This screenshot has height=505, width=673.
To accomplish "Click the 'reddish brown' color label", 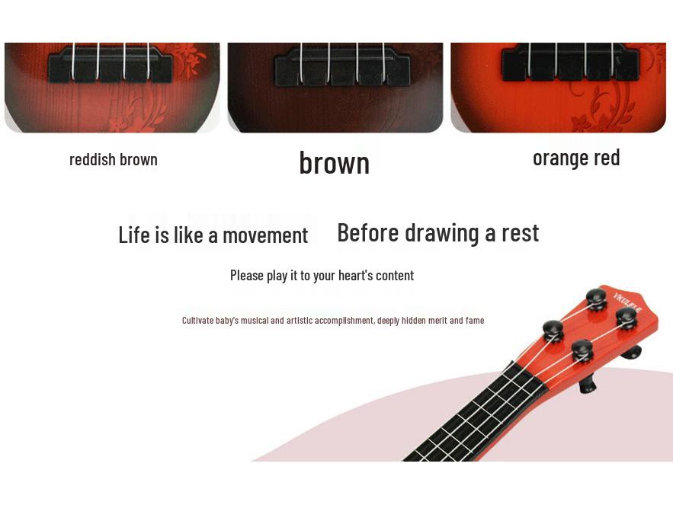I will tap(114, 159).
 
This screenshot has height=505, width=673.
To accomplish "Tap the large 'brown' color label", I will tap(334, 162).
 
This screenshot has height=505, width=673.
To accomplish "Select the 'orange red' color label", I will tap(576, 158).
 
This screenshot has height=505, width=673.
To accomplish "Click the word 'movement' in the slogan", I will tap(265, 235).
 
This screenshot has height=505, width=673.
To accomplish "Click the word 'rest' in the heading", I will tap(520, 232).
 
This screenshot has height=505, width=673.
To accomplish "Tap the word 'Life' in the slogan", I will tap(134, 235).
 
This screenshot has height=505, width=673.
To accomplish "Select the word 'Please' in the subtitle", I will tap(247, 275).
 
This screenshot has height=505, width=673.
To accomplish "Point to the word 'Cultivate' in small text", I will tap(197, 321).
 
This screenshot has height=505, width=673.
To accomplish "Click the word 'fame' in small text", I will tap(475, 321).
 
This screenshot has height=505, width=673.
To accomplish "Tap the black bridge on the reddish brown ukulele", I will tap(111, 66).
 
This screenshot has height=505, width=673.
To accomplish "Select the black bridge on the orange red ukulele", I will tap(560, 66).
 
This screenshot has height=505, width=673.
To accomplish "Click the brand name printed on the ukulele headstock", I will tap(627, 308).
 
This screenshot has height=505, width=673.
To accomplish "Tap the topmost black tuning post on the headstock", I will tap(596, 297).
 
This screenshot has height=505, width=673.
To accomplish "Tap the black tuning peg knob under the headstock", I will tap(586, 385).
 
